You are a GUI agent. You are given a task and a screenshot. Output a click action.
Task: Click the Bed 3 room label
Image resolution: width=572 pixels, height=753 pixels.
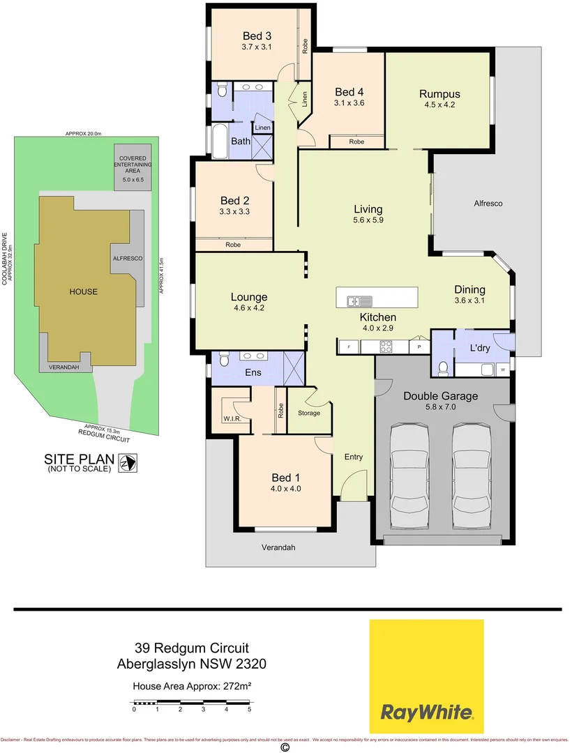[257, 36]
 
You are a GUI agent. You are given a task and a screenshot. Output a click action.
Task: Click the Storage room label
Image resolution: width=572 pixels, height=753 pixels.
[309, 413]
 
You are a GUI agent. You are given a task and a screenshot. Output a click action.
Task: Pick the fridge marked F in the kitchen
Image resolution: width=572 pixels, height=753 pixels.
[347, 346]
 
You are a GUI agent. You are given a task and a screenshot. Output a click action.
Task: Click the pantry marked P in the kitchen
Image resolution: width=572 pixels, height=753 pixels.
[419, 346]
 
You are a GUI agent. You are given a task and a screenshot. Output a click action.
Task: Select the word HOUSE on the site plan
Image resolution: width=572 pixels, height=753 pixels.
[83, 291]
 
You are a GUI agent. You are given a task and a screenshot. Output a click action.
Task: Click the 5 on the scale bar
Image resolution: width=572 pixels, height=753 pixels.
[249, 709]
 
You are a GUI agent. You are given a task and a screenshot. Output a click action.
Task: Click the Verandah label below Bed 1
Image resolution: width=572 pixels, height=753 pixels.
[279, 548]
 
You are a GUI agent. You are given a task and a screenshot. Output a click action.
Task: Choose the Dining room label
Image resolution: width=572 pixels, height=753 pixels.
[469, 290]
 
